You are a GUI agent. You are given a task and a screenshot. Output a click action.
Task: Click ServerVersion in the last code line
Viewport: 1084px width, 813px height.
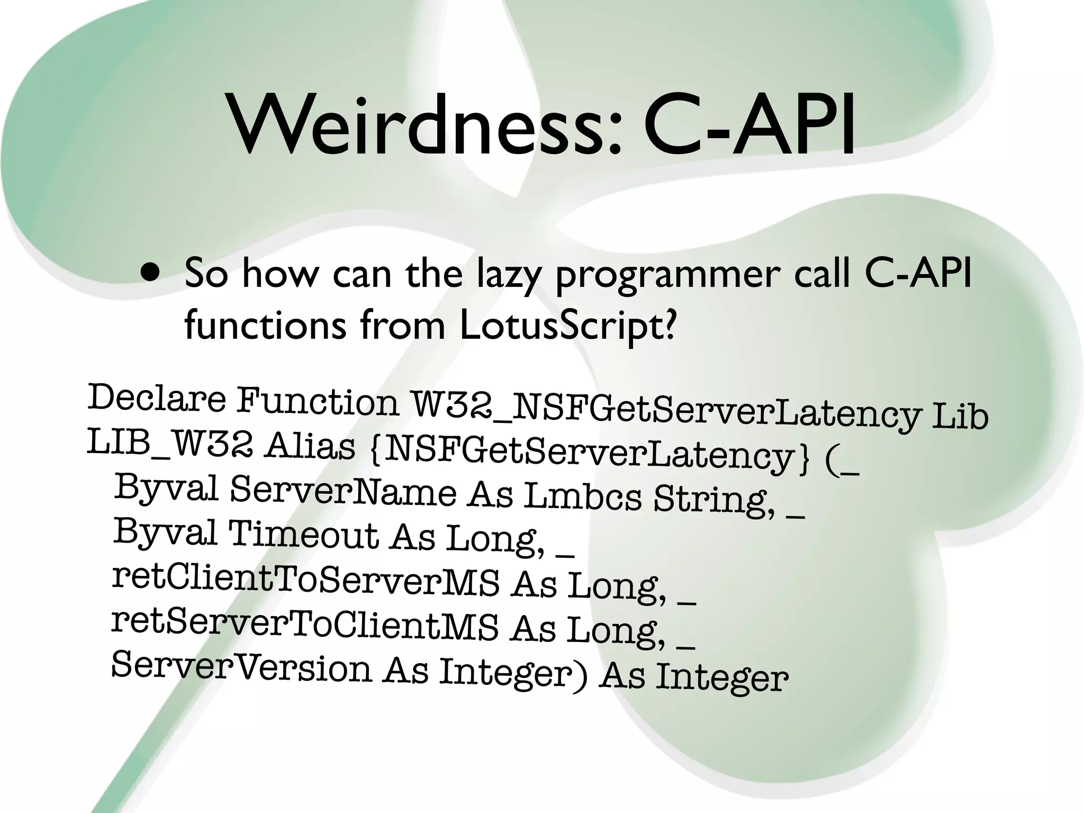[x=241, y=667]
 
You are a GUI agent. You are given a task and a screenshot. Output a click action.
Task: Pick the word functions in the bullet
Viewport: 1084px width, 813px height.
[x=265, y=325]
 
